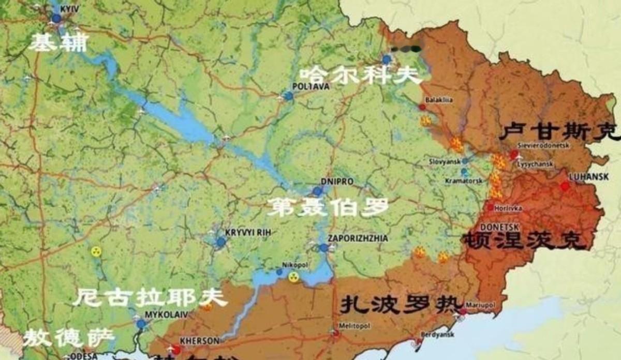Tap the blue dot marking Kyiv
point(56,19)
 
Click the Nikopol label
point(295,264)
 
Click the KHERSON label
point(195,341)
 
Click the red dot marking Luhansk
point(565,186)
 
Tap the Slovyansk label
point(445,161)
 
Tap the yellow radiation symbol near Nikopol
point(293,277)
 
